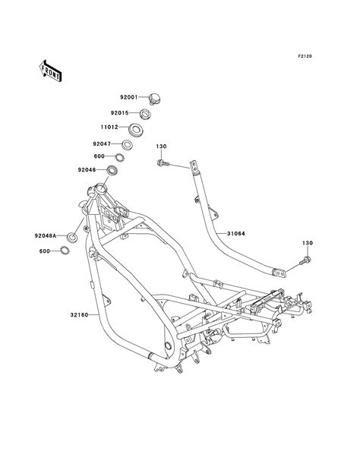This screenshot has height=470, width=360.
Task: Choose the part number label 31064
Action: coord(235,235)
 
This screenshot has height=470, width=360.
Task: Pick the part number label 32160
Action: coord(68,312)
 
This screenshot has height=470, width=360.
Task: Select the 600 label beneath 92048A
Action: coord(45,251)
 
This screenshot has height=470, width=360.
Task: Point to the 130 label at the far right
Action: coord(308,244)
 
